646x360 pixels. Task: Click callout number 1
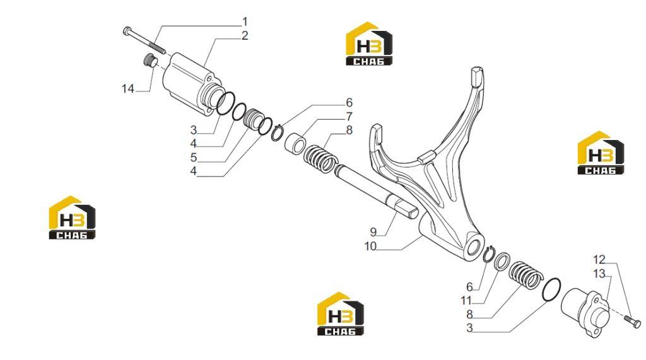pyautogui.click(x=245, y=21)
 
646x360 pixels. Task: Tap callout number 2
pyautogui.click(x=245, y=36)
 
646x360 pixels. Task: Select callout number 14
pyautogui.click(x=127, y=88)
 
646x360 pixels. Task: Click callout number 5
pyautogui.click(x=194, y=158)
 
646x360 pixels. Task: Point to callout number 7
pyautogui.click(x=349, y=117)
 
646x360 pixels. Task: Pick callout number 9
pyautogui.click(x=373, y=231)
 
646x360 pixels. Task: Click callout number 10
pyautogui.click(x=370, y=247)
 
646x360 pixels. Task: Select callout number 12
pyautogui.click(x=599, y=260)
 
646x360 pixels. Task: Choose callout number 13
pyautogui.click(x=599, y=274)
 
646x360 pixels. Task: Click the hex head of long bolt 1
pyautogui.click(x=127, y=30)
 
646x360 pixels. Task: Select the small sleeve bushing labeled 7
pyautogui.click(x=295, y=142)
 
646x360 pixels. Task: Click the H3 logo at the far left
pyautogui.click(x=72, y=218)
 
